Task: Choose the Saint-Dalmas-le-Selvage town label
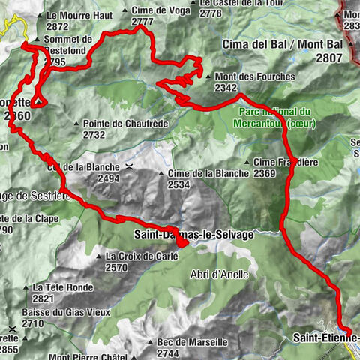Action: pos(193,235)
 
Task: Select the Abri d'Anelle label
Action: pos(219,274)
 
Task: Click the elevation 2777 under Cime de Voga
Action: pos(142,22)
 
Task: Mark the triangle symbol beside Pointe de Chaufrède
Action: pos(77,124)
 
